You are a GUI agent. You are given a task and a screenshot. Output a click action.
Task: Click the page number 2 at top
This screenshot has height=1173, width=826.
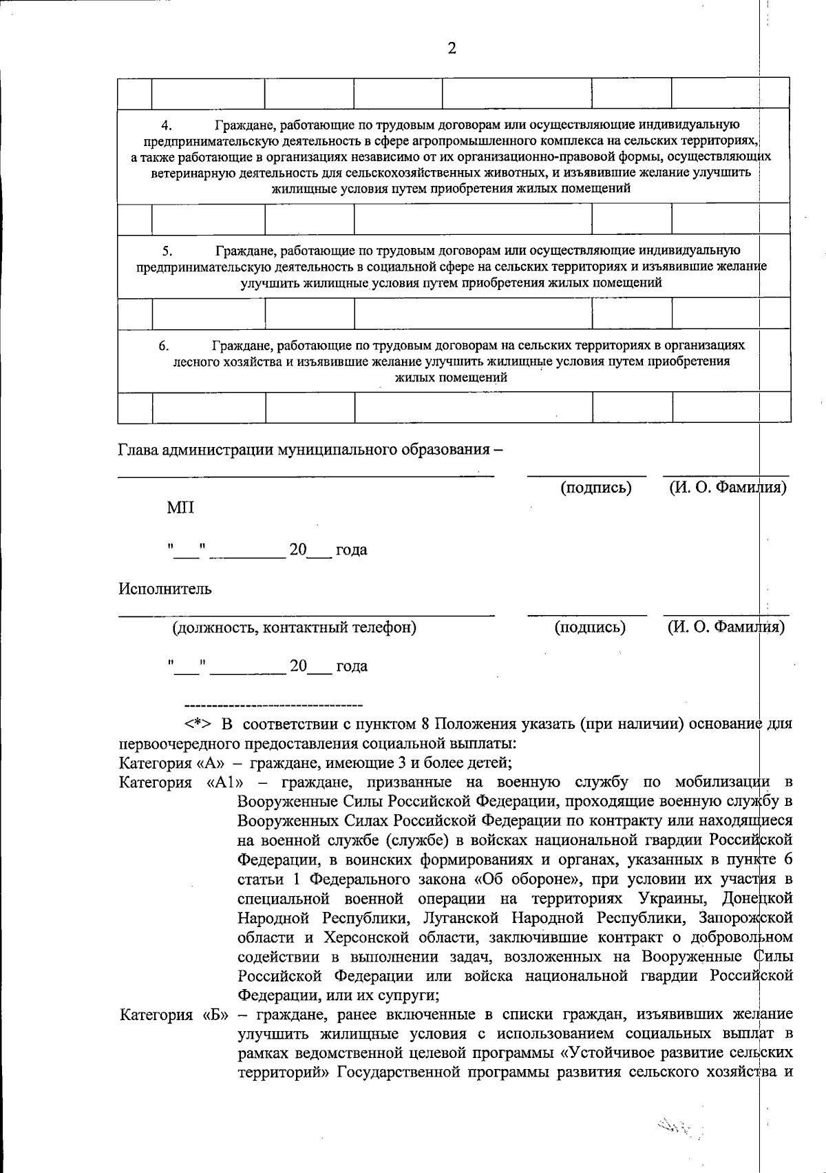point(452,48)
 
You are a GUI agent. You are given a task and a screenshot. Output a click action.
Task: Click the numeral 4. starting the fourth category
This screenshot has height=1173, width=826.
point(166,125)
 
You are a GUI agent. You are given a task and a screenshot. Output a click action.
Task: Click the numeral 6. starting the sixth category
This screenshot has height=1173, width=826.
point(164,346)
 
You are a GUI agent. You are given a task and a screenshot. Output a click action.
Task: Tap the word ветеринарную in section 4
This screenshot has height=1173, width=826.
point(186,173)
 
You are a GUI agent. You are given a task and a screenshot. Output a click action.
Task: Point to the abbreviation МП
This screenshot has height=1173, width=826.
point(180,508)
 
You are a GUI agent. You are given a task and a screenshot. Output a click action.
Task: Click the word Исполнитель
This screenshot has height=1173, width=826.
point(165,589)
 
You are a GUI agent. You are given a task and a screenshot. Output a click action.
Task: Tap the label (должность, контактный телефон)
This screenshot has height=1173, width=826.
point(294,627)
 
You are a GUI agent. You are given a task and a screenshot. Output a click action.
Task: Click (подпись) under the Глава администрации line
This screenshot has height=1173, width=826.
point(596,488)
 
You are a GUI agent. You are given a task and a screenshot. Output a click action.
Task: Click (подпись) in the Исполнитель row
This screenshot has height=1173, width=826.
point(590,627)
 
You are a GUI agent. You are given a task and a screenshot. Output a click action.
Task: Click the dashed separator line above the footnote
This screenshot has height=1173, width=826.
point(274,705)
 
